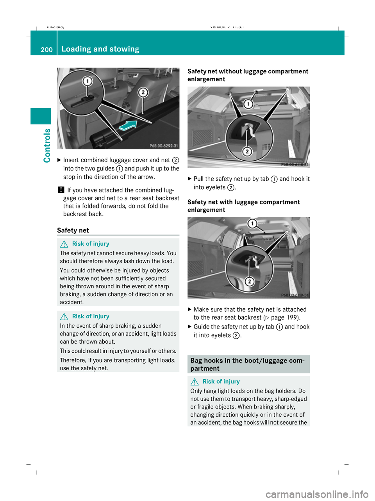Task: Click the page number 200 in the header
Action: point(46,50)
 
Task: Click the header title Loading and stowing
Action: point(100,49)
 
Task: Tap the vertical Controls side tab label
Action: point(47,145)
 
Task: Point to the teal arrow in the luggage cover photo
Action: point(128,125)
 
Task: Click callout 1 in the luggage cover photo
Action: point(87,81)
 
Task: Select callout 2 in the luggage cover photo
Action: point(143,92)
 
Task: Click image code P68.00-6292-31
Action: point(164,146)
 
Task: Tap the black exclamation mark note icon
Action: point(61,190)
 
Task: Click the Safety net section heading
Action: point(73,230)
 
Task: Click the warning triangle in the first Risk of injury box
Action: point(64,244)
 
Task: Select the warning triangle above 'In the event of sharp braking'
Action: point(64,317)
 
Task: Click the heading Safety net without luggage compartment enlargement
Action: point(248,75)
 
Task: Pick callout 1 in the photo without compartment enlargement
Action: point(248,104)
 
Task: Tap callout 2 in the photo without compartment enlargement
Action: point(247,151)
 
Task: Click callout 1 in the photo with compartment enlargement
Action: point(252,224)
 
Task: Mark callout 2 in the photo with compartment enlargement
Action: point(250,281)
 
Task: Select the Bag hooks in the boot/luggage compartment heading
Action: point(248,364)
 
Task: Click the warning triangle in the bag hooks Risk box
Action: point(195,382)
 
